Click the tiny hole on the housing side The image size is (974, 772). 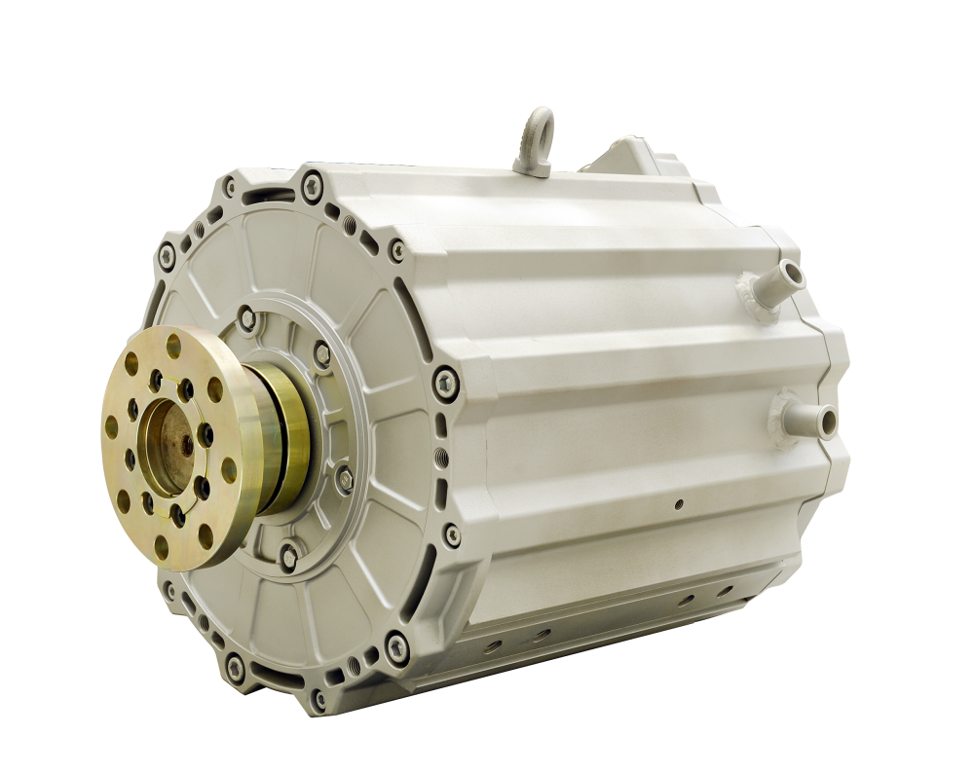(680, 503)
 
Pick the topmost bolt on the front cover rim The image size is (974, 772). (312, 183)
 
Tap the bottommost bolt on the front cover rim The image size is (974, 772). (318, 697)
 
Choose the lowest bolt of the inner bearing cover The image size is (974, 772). (288, 558)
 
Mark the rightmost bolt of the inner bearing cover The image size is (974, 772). (344, 478)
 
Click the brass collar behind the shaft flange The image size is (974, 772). (282, 438)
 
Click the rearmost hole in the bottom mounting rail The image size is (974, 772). (725, 589)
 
